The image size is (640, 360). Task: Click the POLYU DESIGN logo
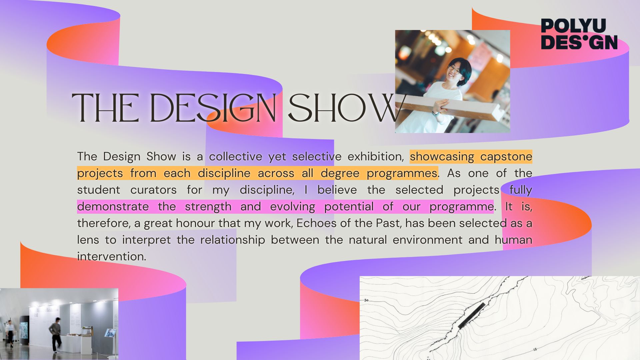tap(579, 34)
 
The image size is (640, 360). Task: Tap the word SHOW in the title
tap(347, 108)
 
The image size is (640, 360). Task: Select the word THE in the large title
tap(106, 108)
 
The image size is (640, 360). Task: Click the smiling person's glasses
tap(454, 69)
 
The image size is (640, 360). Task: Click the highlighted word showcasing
tap(442, 156)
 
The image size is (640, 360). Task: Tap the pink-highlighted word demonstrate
tap(113, 206)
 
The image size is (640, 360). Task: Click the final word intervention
tap(112, 256)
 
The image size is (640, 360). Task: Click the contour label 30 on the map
tap(366, 300)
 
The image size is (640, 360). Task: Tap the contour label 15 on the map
tap(535, 350)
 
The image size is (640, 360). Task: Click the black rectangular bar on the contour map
tap(472, 316)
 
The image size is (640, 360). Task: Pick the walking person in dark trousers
tap(55, 335)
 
